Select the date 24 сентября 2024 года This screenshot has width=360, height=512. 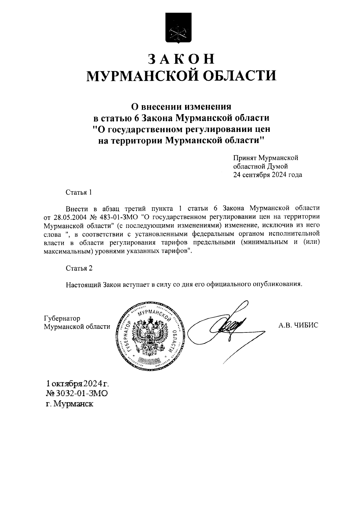pos(268,175)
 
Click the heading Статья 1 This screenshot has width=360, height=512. pos(78,192)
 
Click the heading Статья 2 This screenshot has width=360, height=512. pos(79,268)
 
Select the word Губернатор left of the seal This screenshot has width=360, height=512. pos(62,318)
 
